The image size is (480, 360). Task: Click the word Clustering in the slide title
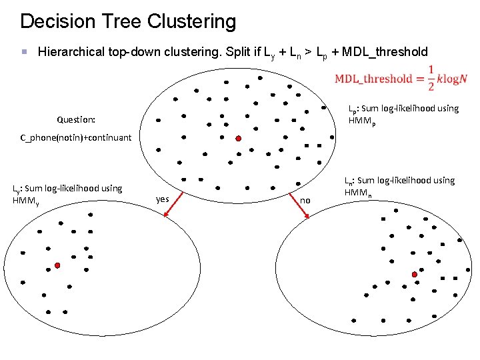(197, 21)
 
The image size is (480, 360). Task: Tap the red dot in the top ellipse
(237, 139)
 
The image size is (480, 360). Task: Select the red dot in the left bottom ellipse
(58, 265)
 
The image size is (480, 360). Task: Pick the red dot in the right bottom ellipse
(415, 274)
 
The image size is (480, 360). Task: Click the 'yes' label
(162, 199)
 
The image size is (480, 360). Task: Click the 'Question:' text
(76, 120)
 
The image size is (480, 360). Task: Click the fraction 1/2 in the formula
(431, 78)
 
